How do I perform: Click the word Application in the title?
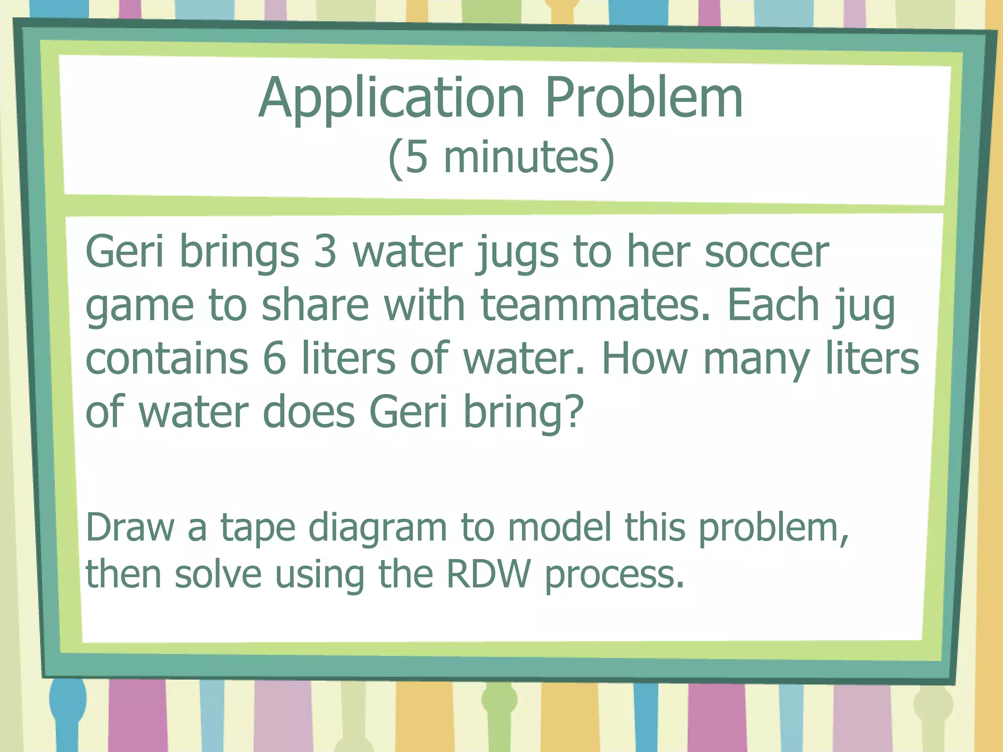pos(392,99)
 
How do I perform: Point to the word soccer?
pos(766,252)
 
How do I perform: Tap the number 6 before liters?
pos(274,358)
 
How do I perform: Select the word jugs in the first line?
pos(517,255)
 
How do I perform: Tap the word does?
pos(309,411)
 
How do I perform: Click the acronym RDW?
pos(488,574)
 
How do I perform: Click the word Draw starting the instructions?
pos(130,528)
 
